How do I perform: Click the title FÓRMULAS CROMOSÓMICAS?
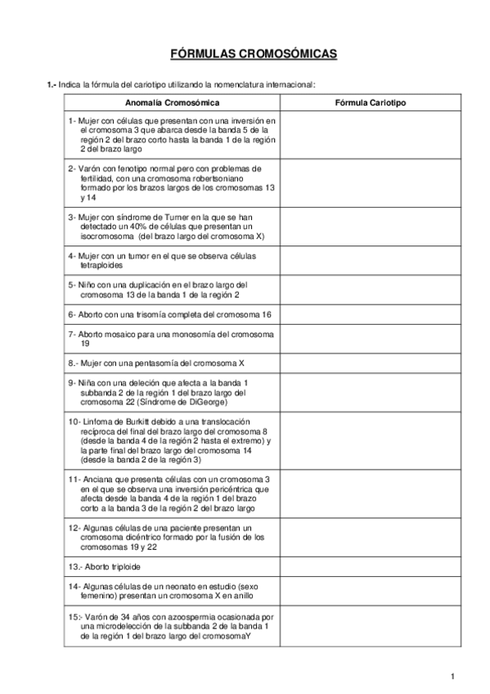pos(253,54)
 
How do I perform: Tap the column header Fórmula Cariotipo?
pos(371,103)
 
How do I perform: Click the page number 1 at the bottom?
pos(452,675)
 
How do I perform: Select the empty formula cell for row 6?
pos(371,313)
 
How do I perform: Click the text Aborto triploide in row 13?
pos(110,566)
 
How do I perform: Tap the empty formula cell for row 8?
pos(371,362)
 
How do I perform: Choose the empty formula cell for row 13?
pos(371,566)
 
